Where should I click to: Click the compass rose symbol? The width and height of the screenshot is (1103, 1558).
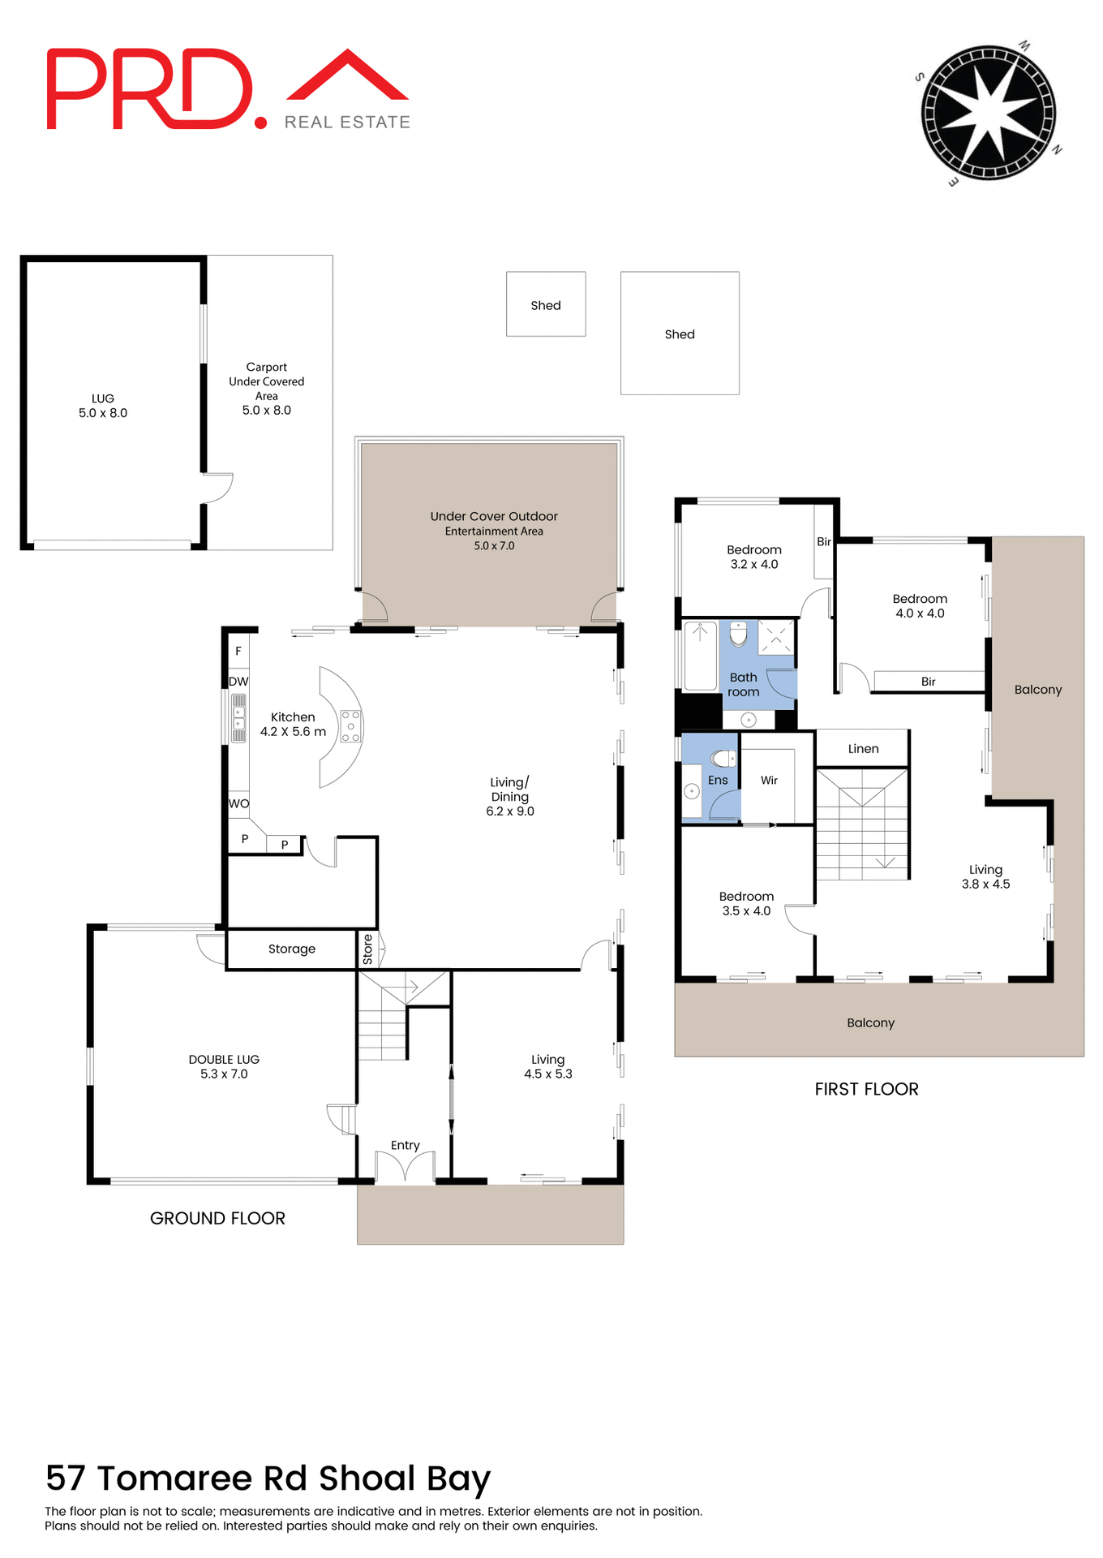click(988, 113)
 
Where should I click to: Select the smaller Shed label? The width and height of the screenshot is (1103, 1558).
click(545, 305)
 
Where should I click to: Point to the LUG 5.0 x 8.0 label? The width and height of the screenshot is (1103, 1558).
click(103, 406)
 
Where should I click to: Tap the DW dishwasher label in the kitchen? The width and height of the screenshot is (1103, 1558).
click(238, 682)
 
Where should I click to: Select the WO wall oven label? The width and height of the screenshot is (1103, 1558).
click(238, 803)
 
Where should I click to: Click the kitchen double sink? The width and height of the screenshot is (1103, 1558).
click(238, 718)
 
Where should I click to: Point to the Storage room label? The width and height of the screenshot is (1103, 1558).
click(291, 949)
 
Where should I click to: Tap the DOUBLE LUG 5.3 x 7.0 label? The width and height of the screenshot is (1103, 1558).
click(224, 1066)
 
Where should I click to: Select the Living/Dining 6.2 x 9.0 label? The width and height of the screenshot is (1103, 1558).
click(510, 796)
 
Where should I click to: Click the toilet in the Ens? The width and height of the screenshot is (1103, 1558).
click(722, 759)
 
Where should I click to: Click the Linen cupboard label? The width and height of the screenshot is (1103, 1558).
click(863, 748)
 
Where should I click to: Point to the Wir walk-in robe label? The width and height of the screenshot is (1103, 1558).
click(769, 780)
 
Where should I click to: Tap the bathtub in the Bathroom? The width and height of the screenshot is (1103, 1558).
click(700, 656)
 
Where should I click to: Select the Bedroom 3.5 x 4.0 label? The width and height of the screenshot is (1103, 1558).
click(746, 903)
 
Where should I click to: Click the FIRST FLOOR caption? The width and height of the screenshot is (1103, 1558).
click(866, 1089)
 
